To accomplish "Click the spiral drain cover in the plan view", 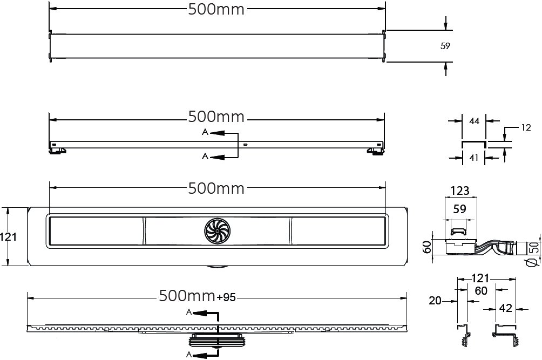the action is [x=217, y=231].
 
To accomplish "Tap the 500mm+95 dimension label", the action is [x=198, y=296].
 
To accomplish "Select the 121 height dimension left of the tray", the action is [x=8, y=237].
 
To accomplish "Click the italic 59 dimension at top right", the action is [x=445, y=46].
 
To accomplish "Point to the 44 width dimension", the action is [x=474, y=121].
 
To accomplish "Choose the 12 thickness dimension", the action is [x=526, y=128].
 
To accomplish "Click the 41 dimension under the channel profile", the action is [x=474, y=158].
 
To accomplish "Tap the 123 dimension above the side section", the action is [x=460, y=191].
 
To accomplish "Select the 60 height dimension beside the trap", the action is [x=427, y=247].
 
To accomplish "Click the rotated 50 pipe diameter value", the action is [x=534, y=248].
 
